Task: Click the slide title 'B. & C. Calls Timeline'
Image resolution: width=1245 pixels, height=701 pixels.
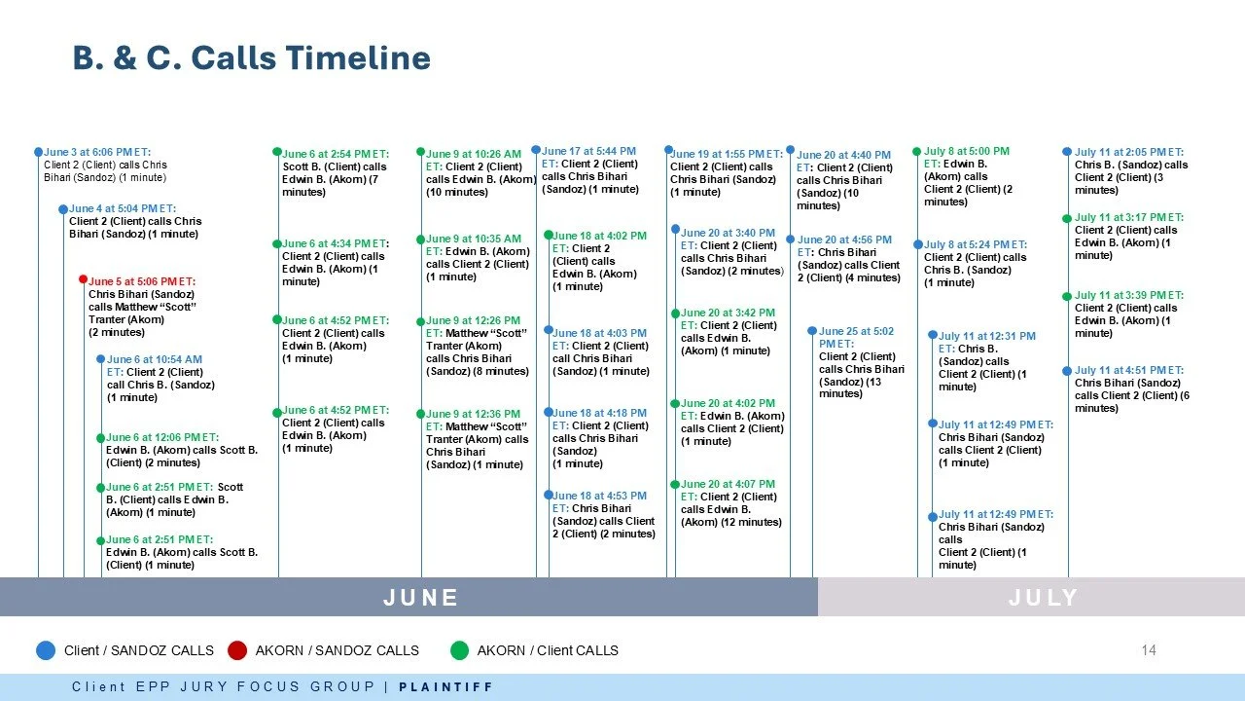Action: point(251,58)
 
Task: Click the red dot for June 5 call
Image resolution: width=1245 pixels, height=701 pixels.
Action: point(84,279)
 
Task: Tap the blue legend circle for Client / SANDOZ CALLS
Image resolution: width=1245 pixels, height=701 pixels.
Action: point(46,650)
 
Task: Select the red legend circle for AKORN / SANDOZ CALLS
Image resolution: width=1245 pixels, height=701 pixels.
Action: point(237,650)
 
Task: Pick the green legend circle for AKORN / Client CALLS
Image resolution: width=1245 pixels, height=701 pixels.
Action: point(459,650)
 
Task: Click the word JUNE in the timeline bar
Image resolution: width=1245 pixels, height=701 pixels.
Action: point(420,597)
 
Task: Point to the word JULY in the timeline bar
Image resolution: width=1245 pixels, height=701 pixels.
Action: point(1043,597)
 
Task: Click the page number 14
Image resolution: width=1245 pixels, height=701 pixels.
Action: point(1149,650)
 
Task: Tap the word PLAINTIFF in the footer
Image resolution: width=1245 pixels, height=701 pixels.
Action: point(446,687)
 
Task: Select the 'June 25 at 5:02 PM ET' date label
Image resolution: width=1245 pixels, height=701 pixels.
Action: point(856,337)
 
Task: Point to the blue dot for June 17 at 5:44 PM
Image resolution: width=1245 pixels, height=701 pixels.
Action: point(536,150)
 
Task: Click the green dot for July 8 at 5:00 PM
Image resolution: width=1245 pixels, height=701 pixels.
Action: point(916,152)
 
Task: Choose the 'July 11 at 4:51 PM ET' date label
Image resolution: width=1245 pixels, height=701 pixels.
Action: point(1128,371)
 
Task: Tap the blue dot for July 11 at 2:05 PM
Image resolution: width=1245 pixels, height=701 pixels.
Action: point(1067,152)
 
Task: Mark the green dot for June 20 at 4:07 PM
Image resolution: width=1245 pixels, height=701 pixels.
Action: point(674,485)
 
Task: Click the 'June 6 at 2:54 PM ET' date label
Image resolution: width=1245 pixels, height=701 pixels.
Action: point(335,154)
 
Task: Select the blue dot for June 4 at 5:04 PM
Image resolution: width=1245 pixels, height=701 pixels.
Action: point(63,209)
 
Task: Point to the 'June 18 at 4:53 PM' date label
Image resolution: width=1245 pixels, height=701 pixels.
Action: point(599,496)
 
